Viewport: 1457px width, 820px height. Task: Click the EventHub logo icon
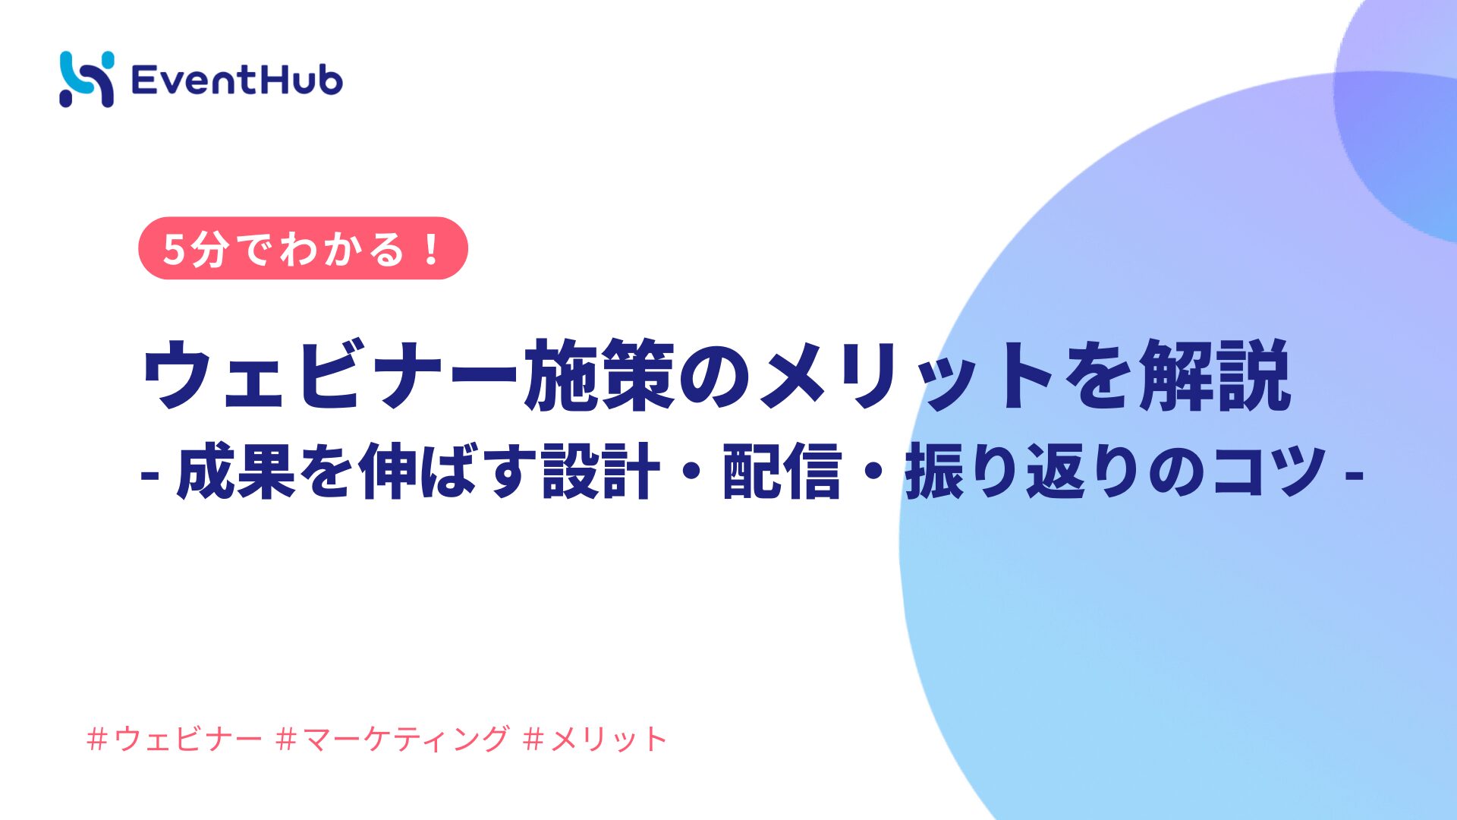[x=87, y=79]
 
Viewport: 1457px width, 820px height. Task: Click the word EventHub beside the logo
[x=237, y=80]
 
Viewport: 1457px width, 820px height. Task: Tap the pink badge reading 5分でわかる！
[x=303, y=248]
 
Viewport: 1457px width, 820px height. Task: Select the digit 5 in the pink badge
[x=174, y=249]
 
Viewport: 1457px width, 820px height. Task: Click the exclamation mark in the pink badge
[x=432, y=248]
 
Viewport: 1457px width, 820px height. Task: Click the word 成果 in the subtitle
[x=236, y=471]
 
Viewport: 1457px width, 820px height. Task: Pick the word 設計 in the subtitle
[x=601, y=471]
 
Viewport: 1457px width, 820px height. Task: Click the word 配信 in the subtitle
[x=782, y=471]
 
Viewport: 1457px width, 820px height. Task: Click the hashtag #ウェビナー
[x=175, y=738]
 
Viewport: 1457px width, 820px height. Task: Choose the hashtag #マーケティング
[x=392, y=738]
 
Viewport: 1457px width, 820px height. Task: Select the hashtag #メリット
[x=595, y=738]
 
